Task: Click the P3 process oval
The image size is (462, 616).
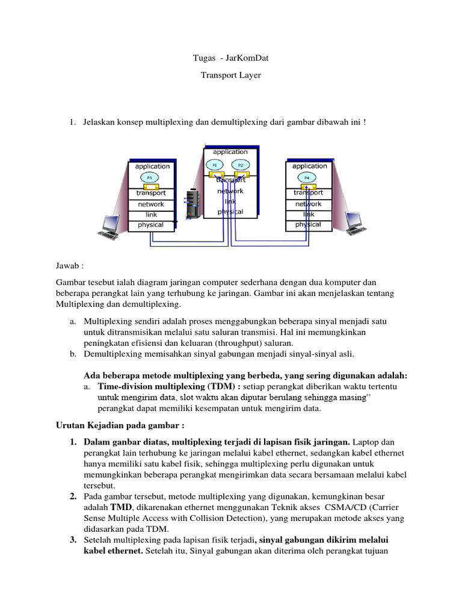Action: [149, 177]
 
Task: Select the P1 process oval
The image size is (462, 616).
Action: [215, 165]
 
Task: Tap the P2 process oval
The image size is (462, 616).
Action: [241, 165]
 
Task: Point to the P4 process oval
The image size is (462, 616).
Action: [307, 177]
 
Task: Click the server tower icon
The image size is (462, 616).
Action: [192, 204]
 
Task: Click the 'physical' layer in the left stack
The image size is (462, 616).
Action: [151, 225]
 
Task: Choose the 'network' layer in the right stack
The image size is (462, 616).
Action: [309, 204]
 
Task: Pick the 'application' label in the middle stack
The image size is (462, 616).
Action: [230, 152]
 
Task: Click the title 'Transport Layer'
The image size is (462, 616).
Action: [230, 76]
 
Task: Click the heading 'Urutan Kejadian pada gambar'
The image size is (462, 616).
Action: [106, 426]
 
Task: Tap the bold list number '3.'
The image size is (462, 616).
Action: [72, 539]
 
